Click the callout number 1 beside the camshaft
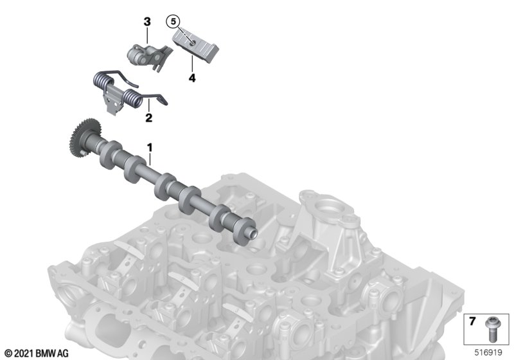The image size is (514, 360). click(x=150, y=148)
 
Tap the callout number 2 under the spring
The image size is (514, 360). click(x=149, y=118)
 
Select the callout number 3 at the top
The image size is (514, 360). click(x=147, y=22)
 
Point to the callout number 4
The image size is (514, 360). click(x=192, y=78)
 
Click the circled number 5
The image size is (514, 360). click(x=173, y=22)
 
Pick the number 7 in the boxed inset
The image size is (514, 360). click(x=472, y=321)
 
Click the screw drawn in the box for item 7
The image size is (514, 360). click(x=492, y=329)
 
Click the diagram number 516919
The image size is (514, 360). click(x=488, y=352)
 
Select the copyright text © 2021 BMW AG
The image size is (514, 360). click(x=37, y=354)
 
